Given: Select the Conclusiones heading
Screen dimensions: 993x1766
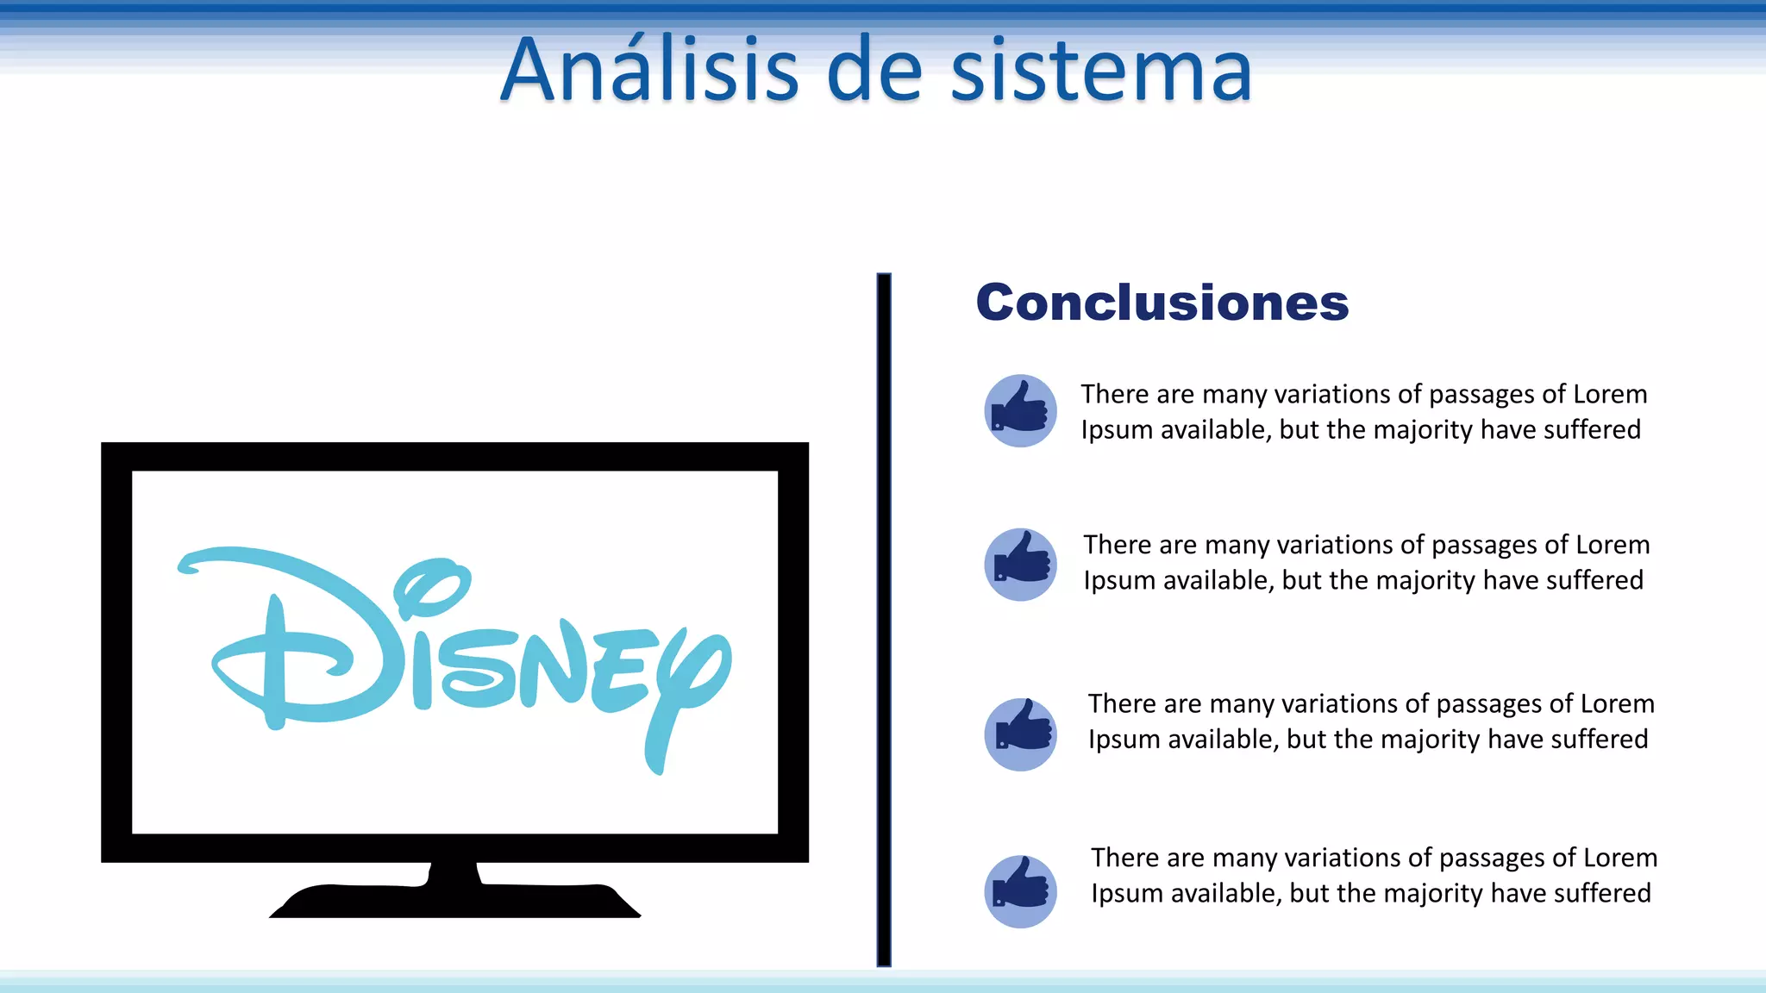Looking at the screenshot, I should [1162, 303].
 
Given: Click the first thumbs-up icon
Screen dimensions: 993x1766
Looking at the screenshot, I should [1020, 410].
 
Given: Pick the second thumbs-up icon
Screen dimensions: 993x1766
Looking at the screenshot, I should [1020, 564].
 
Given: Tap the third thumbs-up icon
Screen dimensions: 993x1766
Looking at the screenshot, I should [1020, 734].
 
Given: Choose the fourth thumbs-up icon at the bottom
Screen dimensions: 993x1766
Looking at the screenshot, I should [1020, 890].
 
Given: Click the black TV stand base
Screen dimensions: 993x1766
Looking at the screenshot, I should [454, 901].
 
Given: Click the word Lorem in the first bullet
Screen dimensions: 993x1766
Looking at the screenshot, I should [1610, 394].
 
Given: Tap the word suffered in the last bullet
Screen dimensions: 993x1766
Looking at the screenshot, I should [1602, 893].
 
